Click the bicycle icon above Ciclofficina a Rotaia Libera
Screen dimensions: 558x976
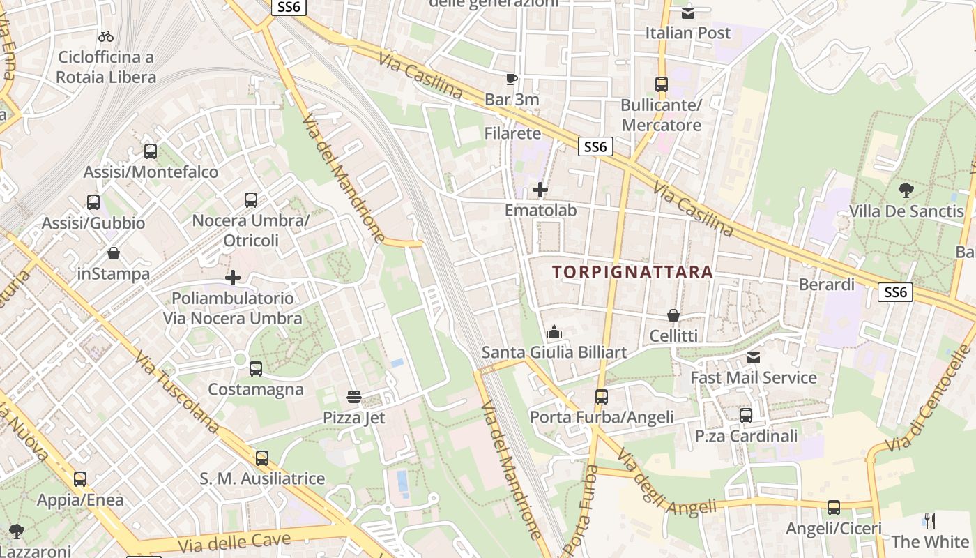tap(106, 36)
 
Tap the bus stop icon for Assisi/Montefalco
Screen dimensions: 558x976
tap(150, 151)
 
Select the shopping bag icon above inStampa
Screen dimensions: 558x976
tap(113, 253)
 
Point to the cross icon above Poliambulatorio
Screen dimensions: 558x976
tap(233, 278)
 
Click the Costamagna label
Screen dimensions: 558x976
tap(256, 389)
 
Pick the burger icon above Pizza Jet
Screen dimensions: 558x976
tap(354, 398)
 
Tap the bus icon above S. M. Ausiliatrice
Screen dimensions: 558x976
tap(262, 458)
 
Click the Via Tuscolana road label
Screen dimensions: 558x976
tap(177, 393)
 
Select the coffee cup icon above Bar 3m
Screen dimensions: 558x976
tap(512, 79)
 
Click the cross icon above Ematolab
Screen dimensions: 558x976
tap(540, 189)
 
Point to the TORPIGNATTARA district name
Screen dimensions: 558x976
tap(633, 272)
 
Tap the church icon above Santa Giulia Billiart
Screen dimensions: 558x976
tap(555, 332)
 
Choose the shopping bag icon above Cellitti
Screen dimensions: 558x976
tap(673, 315)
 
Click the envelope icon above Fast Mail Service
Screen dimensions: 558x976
tap(754, 358)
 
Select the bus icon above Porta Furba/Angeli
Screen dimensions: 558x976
tap(602, 397)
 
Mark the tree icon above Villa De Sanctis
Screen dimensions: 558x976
tap(906, 190)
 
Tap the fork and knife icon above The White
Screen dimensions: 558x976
tap(930, 520)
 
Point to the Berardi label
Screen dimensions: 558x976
tap(826, 285)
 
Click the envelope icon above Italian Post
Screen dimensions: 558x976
tap(688, 12)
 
